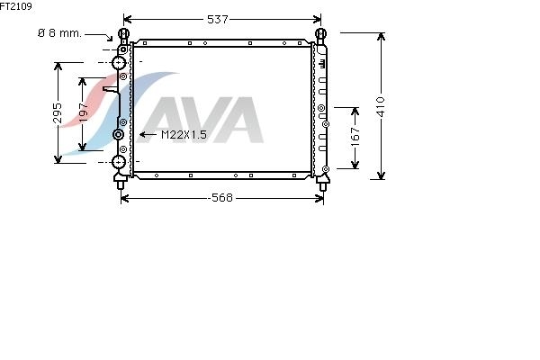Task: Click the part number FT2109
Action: pyautogui.click(x=16, y=6)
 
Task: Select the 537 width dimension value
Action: pyautogui.click(x=217, y=19)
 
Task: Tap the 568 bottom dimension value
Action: pyautogui.click(x=221, y=198)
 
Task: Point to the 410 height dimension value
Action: pyautogui.click(x=380, y=107)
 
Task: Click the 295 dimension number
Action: pyautogui.click(x=58, y=113)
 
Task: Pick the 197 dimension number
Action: pyautogui.click(x=83, y=112)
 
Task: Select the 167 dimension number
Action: pyautogui.click(x=355, y=137)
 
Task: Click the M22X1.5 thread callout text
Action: pyautogui.click(x=184, y=135)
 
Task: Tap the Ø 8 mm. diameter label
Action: pyautogui.click(x=60, y=33)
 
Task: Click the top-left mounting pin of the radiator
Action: pyautogui.click(x=123, y=34)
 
